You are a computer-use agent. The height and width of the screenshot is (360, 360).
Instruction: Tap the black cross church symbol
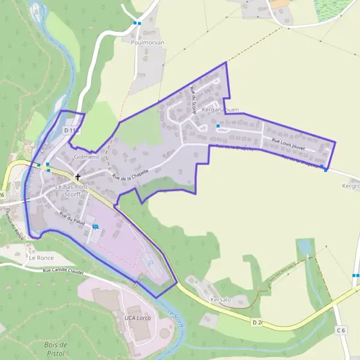click(x=77, y=177)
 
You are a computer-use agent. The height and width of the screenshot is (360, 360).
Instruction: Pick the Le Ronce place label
click(x=41, y=259)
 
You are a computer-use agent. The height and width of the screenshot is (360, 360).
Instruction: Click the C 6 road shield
click(x=341, y=331)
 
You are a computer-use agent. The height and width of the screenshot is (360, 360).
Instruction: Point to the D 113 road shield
click(x=71, y=130)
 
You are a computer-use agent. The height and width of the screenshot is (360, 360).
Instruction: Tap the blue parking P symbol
click(x=151, y=263)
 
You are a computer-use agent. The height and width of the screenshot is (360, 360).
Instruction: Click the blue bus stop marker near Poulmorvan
click(x=137, y=23)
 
